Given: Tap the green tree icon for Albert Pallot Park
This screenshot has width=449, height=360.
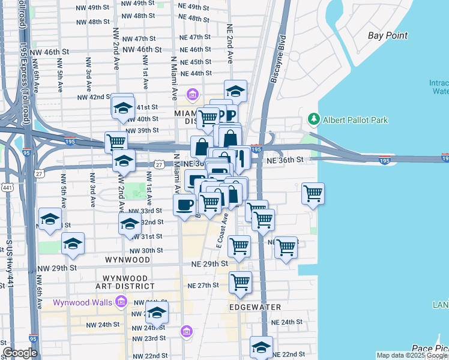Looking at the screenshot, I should click(x=313, y=119).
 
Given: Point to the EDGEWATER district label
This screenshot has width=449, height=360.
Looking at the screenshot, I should click(x=255, y=307).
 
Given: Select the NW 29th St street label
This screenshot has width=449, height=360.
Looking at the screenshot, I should click(x=61, y=267).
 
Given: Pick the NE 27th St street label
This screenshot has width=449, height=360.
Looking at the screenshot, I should click(x=203, y=286).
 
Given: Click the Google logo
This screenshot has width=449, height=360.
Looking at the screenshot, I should click(x=20, y=353).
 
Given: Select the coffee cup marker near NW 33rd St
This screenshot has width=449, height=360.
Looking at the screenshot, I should click(x=184, y=204).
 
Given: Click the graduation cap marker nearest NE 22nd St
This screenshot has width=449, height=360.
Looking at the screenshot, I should click(x=261, y=347).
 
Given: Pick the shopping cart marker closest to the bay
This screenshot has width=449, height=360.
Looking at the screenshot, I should click(x=313, y=193).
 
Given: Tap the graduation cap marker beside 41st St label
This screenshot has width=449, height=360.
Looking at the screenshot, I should click(x=122, y=107).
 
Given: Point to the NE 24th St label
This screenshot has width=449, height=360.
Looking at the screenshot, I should click(x=287, y=322).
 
